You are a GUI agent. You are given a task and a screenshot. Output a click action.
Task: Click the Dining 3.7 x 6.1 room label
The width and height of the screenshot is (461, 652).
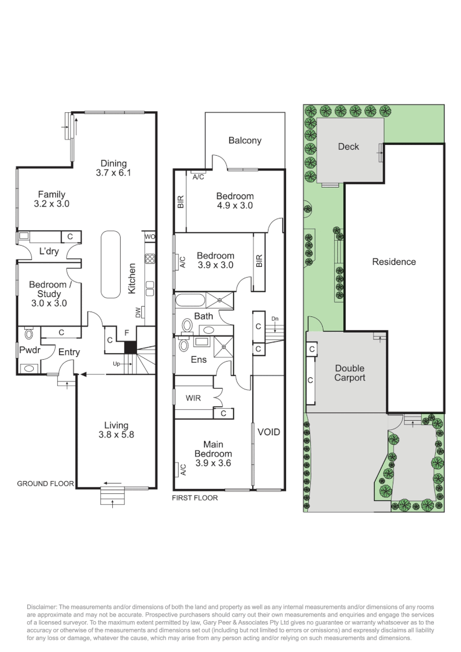pos(113,168)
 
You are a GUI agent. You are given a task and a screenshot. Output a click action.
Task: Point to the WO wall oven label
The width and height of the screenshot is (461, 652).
pos(150,237)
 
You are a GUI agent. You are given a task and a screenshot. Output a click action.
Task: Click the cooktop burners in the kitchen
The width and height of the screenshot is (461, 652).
pos(150,260)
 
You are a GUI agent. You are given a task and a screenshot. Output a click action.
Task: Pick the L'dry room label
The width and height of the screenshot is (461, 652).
pos(49,251)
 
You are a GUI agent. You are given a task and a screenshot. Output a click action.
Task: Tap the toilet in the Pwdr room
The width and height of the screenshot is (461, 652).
pos(28,333)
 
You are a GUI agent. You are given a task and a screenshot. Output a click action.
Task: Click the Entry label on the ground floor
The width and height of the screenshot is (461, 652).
pos(69,353)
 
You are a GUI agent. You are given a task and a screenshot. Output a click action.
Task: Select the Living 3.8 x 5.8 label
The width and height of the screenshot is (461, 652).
pos(116,430)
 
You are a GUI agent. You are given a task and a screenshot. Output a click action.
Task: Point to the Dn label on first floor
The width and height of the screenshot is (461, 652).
pos(275,318)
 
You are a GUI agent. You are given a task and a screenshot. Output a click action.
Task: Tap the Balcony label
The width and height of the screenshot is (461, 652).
pos(245,141)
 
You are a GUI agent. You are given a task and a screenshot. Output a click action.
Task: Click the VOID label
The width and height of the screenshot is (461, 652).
pos(269,432)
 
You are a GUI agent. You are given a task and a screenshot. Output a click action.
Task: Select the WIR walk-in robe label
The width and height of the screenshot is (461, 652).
pos(193,398)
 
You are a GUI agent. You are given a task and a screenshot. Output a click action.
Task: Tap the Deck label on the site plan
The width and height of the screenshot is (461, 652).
pos(348,147)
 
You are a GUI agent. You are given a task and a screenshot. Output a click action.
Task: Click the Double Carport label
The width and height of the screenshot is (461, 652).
pos(350,373)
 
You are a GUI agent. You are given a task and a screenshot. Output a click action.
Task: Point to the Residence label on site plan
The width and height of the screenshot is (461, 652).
pos(394,262)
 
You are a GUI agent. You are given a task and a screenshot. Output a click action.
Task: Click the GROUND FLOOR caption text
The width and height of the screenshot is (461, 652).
pos(45,484)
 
